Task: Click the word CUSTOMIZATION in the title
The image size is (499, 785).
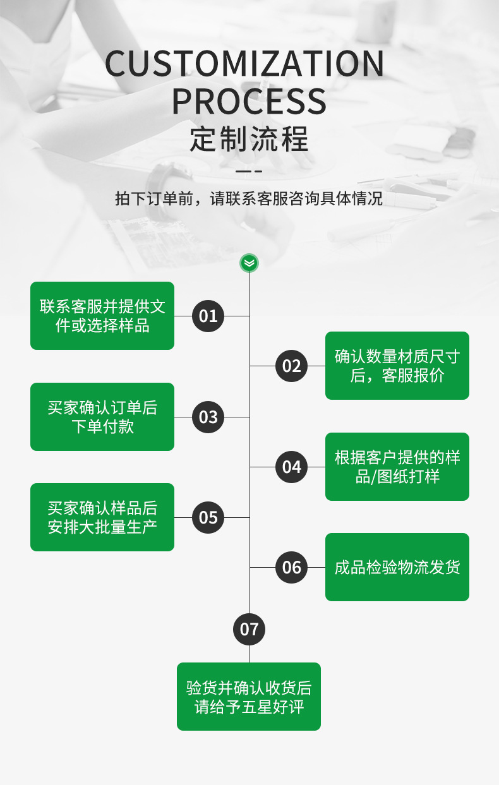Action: point(244,64)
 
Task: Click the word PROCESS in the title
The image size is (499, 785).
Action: point(249,101)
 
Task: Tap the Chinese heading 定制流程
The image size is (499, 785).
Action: point(249,139)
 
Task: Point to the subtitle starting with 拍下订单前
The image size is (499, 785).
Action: point(249,198)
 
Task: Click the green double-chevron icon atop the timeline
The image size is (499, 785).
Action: point(249,263)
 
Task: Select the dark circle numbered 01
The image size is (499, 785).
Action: point(208,316)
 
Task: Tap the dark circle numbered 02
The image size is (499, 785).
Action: point(291,366)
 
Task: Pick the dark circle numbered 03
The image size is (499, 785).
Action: point(208,417)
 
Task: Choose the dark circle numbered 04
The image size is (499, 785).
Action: point(291,467)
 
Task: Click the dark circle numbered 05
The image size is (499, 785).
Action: point(208,517)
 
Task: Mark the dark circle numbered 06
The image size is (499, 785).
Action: point(291,567)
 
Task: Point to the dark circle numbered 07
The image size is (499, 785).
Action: point(249,629)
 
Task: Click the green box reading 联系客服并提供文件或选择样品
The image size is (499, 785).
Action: point(102,316)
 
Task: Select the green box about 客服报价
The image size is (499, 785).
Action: point(397,366)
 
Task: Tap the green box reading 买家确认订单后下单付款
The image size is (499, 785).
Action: point(102,417)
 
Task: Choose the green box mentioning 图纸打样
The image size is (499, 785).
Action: point(397,467)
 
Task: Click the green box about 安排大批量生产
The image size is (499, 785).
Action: point(102,517)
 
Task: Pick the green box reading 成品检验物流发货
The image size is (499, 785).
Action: point(397,567)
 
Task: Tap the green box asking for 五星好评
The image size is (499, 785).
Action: point(249,697)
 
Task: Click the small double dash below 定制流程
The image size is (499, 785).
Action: point(249,171)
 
